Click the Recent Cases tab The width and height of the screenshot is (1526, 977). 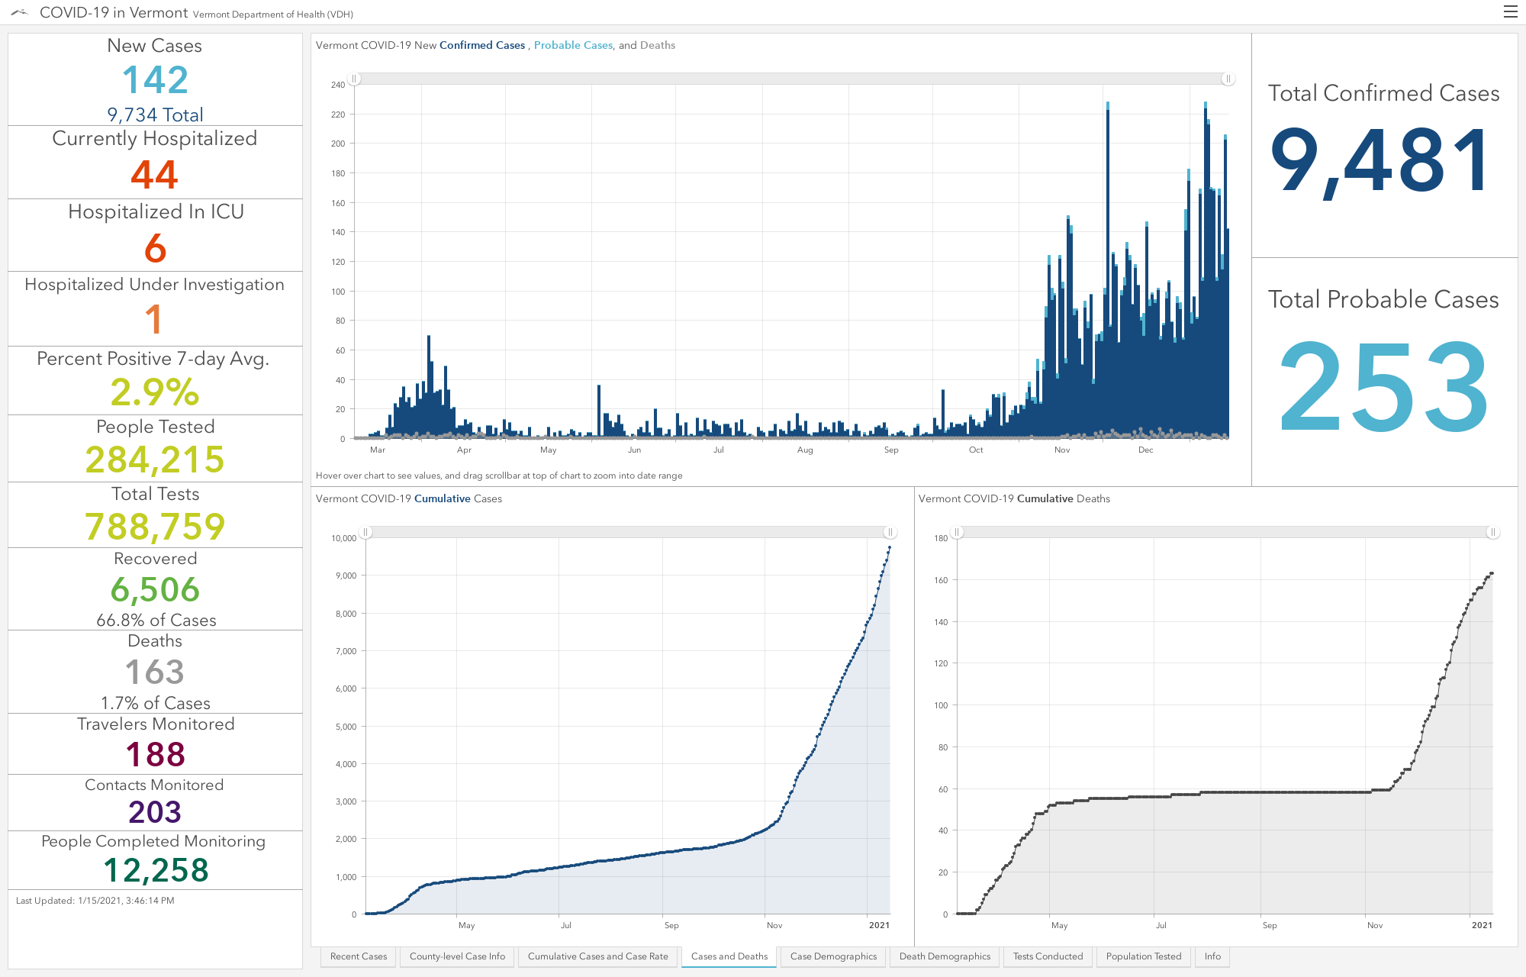[x=359, y=956]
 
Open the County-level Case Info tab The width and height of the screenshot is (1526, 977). [x=457, y=956]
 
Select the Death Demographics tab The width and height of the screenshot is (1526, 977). [x=945, y=956]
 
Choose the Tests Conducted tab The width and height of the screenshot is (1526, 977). [x=1048, y=956]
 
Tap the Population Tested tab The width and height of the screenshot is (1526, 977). [x=1143, y=956]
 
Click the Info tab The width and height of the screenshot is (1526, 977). [x=1212, y=956]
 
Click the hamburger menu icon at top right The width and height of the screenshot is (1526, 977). [x=1510, y=11]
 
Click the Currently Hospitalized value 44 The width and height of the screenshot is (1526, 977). [x=154, y=174]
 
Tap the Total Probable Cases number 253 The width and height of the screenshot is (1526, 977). [x=1383, y=386]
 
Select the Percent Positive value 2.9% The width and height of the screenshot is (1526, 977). [x=155, y=392]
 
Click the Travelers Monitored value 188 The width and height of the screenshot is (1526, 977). [x=156, y=754]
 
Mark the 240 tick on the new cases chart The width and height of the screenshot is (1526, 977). [x=338, y=85]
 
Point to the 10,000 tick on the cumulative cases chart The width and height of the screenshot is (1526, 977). [x=344, y=538]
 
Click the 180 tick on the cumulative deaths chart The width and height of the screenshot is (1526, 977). [x=941, y=538]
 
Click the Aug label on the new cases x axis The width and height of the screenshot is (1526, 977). [x=805, y=450]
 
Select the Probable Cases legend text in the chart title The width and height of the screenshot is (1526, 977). [x=573, y=45]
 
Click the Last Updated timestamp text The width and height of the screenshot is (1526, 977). [x=95, y=901]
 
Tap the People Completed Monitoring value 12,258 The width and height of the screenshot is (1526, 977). [x=156, y=870]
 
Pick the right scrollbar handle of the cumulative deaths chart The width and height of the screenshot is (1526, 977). [x=1492, y=532]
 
